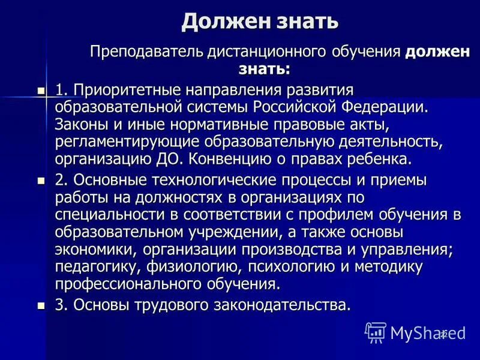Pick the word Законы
tap(82, 125)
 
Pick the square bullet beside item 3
tap(41, 305)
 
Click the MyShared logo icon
tap(376, 332)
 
